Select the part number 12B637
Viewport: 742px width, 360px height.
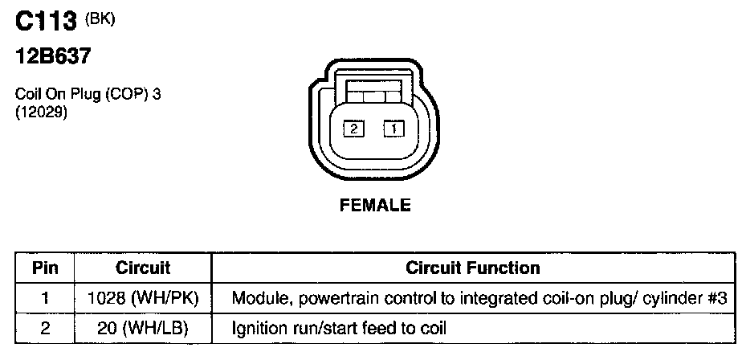[52, 59]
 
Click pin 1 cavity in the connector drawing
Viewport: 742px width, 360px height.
[393, 127]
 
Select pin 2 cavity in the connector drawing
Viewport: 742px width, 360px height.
[353, 127]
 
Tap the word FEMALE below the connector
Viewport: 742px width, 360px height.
[375, 206]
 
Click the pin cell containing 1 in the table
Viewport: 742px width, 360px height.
[45, 298]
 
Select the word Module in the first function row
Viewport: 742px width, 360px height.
[255, 298]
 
